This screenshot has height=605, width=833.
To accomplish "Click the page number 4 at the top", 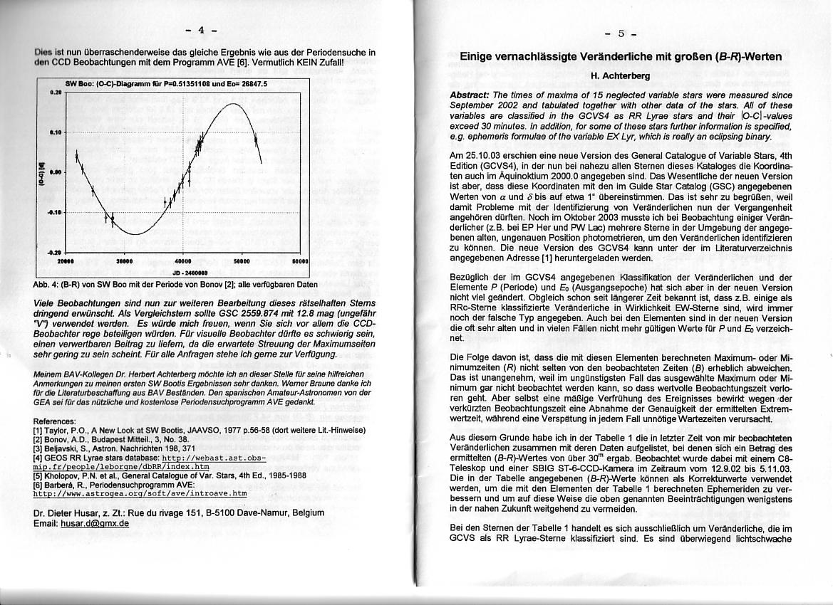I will tap(201, 30).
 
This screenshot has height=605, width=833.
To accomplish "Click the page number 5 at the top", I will tap(621, 33).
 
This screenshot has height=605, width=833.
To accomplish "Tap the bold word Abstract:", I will tap(470, 95).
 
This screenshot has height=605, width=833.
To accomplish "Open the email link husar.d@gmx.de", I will tap(95, 523).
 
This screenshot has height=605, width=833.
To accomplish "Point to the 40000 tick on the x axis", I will tap(184, 260).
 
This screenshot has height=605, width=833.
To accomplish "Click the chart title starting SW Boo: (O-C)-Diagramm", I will tap(166, 83).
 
